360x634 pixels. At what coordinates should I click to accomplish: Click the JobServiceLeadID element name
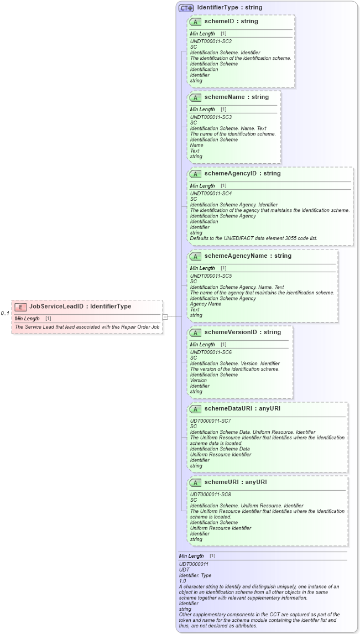pos(57,306)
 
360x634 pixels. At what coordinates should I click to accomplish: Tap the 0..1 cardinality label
pos(5,313)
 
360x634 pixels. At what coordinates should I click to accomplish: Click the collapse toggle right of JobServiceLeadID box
pos(165,316)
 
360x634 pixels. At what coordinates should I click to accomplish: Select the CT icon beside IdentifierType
pos(186,8)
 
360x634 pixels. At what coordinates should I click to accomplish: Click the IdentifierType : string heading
pos(229,8)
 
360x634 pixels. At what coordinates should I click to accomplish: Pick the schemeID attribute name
pos(223,21)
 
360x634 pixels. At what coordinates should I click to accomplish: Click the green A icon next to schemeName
pos(195,97)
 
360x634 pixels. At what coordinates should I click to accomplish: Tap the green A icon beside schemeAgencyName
pos(195,256)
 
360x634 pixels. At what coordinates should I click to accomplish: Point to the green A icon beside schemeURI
pos(195,482)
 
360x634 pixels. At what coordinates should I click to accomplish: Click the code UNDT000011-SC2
pos(211,41)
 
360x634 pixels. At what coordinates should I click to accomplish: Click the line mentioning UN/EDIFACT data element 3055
pos(253,238)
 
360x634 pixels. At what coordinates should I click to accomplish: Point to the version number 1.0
pos(182,581)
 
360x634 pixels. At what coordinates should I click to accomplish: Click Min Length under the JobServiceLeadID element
pos(27,319)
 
